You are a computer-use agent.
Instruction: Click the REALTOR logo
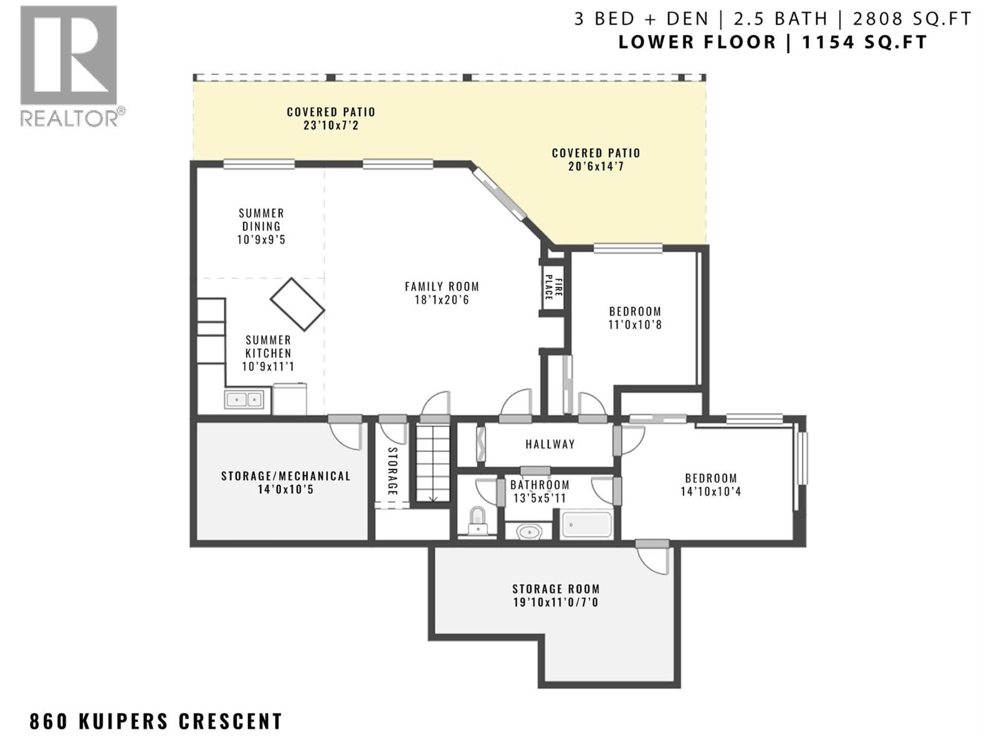tap(71, 66)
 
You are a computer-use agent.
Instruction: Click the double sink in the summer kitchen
tap(244, 399)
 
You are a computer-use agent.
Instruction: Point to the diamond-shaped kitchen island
tap(297, 304)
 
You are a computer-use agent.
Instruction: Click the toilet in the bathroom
tap(477, 522)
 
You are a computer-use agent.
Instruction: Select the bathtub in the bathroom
tap(586, 525)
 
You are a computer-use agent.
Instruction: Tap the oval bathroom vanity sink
tap(529, 531)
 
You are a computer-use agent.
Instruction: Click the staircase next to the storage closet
tap(433, 463)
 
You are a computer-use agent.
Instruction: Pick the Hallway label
tap(550, 444)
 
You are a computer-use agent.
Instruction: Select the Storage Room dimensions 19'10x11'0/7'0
tap(556, 602)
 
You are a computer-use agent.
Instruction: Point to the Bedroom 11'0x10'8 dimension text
tap(635, 325)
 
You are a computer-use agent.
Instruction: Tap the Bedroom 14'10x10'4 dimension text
tap(711, 491)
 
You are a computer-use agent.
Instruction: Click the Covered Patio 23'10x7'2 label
tap(331, 118)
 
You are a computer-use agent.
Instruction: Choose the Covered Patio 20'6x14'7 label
tap(596, 160)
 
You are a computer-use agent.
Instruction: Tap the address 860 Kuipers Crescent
tap(156, 721)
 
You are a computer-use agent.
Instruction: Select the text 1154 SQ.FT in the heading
tap(864, 42)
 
